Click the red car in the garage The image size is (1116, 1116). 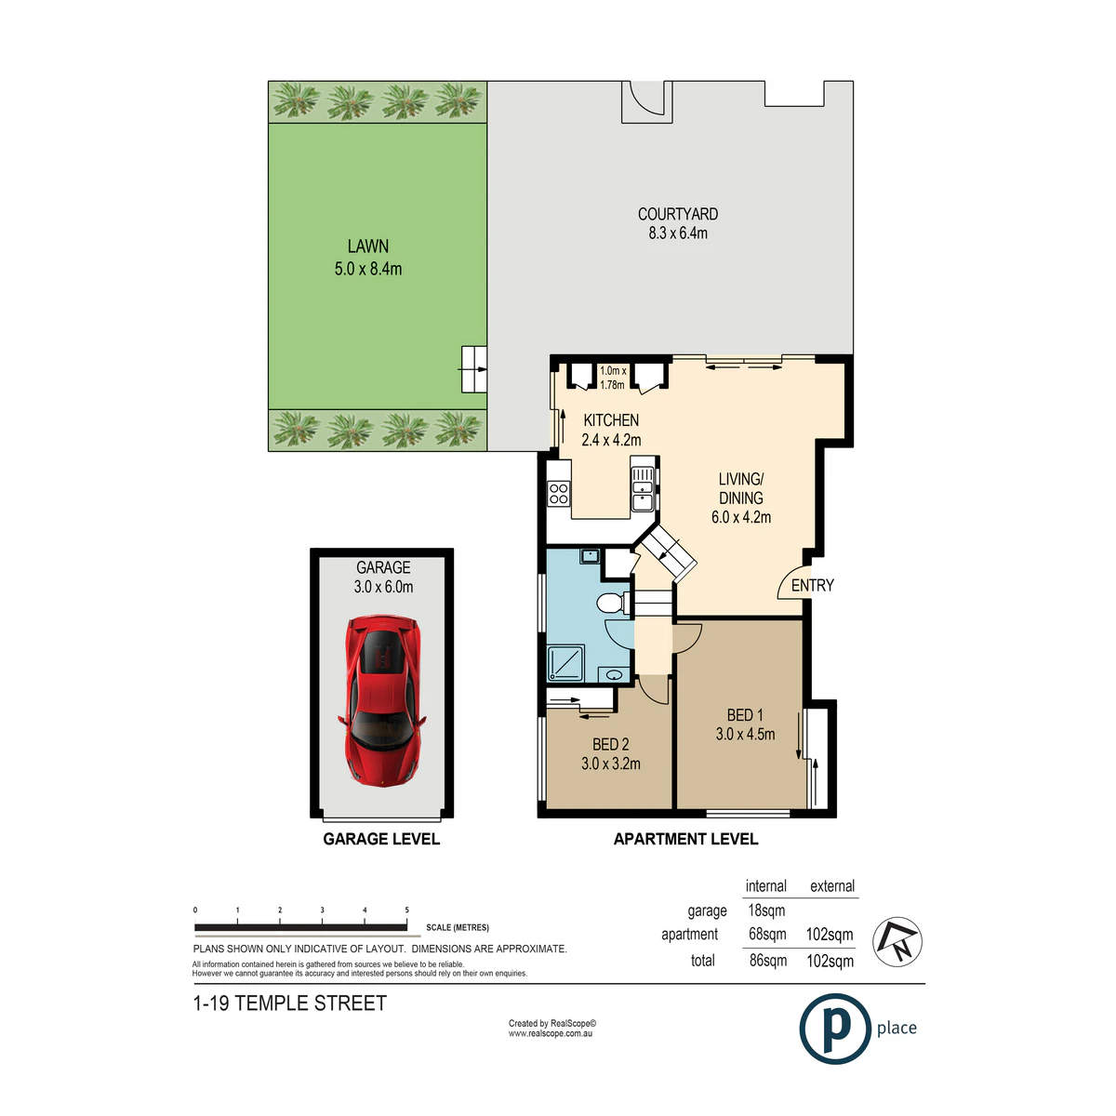[x=381, y=699]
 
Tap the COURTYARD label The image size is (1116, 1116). [x=677, y=214]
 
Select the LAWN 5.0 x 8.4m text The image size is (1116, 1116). [x=367, y=257]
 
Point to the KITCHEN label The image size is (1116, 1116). [x=611, y=419]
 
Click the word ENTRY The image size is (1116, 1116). [x=812, y=586]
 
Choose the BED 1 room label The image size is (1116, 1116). [x=745, y=715]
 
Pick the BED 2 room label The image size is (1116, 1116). [x=610, y=744]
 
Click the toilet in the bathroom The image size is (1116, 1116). [x=613, y=603]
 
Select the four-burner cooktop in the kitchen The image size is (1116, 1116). [x=559, y=494]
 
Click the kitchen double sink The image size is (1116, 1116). [x=643, y=489]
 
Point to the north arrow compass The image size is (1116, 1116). [x=897, y=942]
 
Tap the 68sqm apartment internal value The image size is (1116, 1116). [x=766, y=934]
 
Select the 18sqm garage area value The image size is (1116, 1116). [x=766, y=910]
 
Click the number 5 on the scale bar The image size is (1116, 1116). [x=406, y=910]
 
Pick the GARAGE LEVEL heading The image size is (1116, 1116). [x=381, y=839]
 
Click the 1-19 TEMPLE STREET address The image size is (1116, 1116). [x=289, y=1003]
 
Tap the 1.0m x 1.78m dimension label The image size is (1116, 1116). [x=613, y=378]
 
